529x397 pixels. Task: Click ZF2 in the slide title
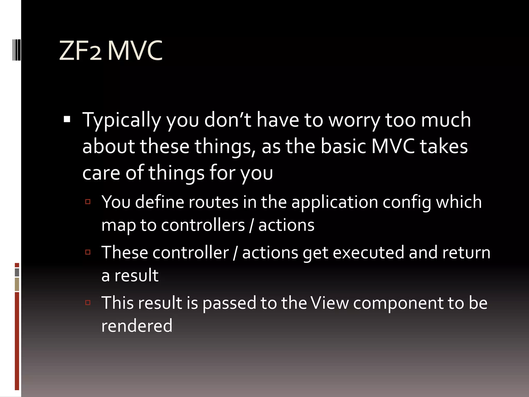pyautogui.click(x=80, y=51)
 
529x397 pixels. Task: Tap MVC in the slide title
pyautogui.click(x=135, y=51)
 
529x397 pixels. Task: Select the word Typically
pyautogui.click(x=121, y=120)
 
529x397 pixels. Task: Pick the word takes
pyautogui.click(x=444, y=147)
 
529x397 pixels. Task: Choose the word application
pyautogui.click(x=335, y=202)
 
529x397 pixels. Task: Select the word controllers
pyautogui.click(x=203, y=225)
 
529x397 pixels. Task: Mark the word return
pyautogui.click(x=466, y=253)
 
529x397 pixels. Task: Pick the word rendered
pyautogui.click(x=137, y=326)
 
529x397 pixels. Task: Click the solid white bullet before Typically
pyautogui.click(x=67, y=119)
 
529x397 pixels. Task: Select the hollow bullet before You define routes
pyautogui.click(x=88, y=202)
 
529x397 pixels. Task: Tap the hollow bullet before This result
pyautogui.click(x=88, y=302)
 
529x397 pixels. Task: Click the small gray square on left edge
pyautogui.click(x=17, y=272)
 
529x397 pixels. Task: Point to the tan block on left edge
pyautogui.click(x=17, y=284)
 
